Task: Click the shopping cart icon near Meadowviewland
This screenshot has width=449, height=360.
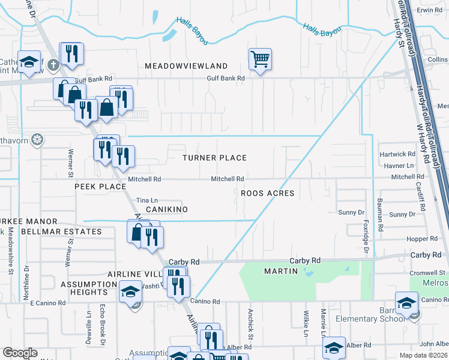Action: [x=260, y=59]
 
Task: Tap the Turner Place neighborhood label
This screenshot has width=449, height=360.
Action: [x=215, y=158]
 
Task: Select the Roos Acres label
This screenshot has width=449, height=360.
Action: [x=267, y=193]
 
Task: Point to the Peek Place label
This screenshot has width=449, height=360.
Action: [x=100, y=187]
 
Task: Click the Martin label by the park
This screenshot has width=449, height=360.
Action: [x=281, y=271]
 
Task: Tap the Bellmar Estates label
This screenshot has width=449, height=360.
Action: [x=61, y=232]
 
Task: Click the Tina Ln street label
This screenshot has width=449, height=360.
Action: [x=147, y=200]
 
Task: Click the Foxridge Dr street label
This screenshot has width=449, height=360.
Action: [x=365, y=220]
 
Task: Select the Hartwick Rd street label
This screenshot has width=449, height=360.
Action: [x=397, y=155]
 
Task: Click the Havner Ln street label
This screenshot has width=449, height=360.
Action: [x=398, y=165]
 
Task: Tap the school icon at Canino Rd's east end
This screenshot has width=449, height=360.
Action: [x=406, y=302]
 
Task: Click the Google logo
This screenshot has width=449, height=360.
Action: [x=20, y=353]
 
